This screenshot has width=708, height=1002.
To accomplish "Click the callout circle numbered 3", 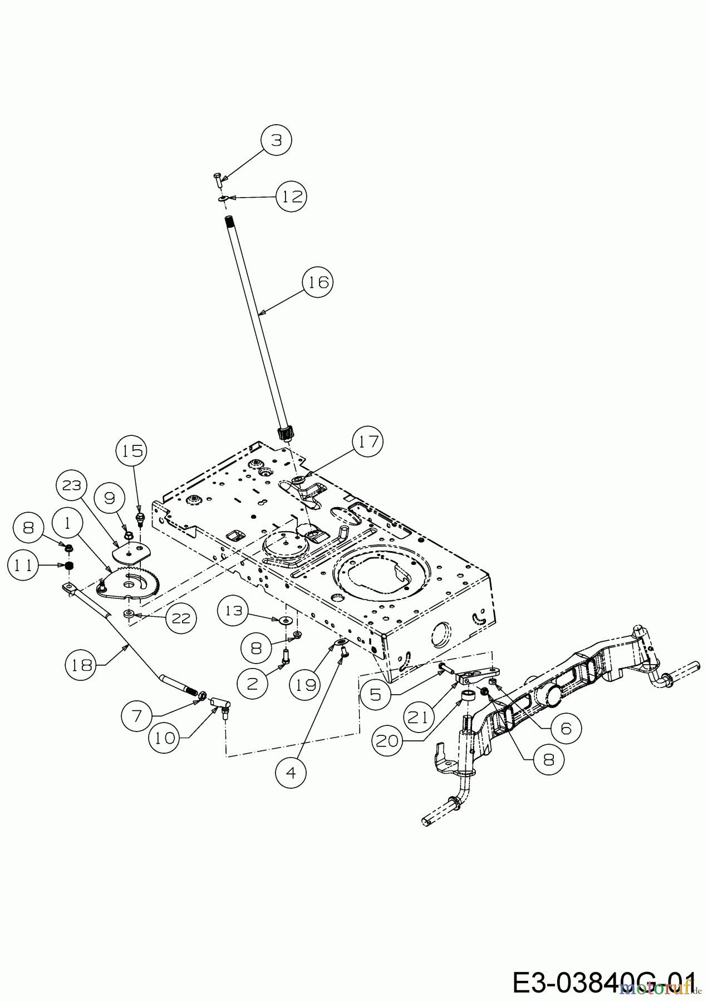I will pyautogui.click(x=277, y=140).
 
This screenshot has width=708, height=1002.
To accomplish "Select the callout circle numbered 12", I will pyautogui.click(x=292, y=196).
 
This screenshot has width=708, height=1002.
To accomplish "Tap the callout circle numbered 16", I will pyautogui.click(x=318, y=282).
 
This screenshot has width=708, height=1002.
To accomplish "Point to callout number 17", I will pyautogui.click(x=368, y=442).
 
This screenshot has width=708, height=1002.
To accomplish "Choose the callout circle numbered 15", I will pyautogui.click(x=131, y=451).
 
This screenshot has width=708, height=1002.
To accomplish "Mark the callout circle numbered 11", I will pyautogui.click(x=23, y=565).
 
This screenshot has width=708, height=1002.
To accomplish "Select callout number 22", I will pyautogui.click(x=181, y=617).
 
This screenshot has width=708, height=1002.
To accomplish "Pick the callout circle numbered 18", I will pyautogui.click(x=82, y=665).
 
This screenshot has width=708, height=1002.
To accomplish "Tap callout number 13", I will pyautogui.click(x=234, y=611).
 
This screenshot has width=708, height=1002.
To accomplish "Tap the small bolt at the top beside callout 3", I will pyautogui.click(x=217, y=179).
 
